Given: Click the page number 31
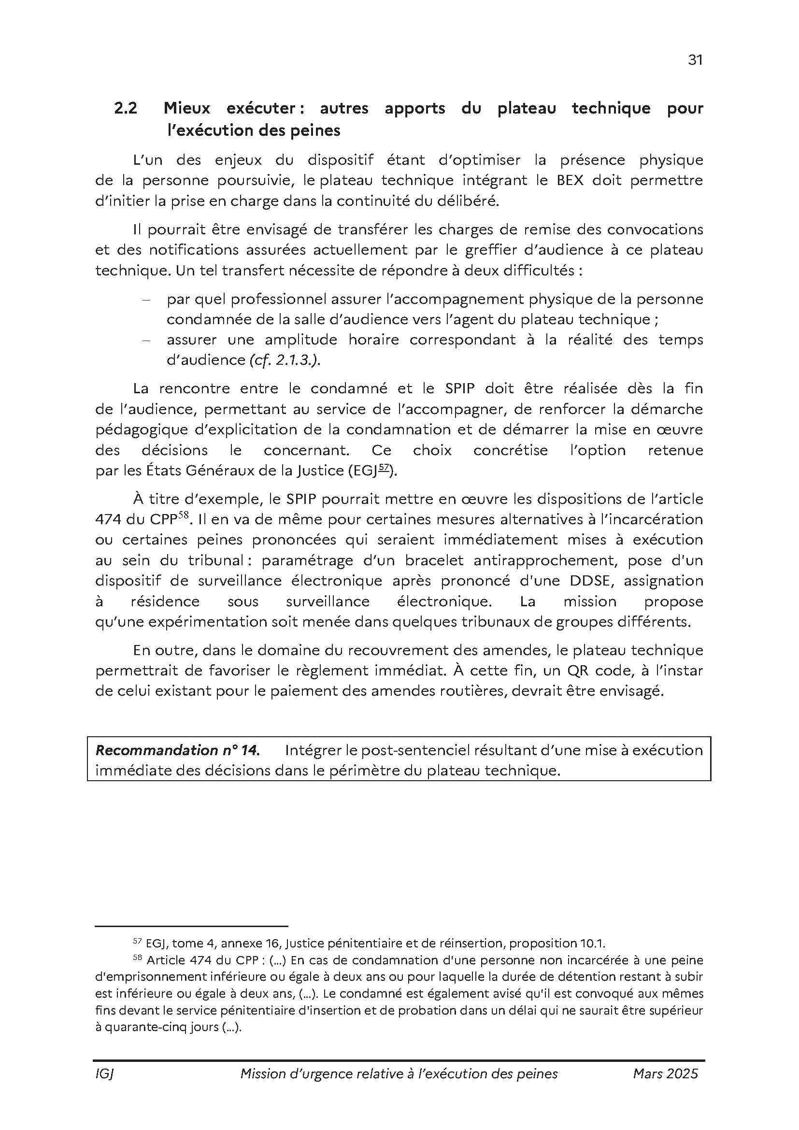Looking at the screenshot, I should [695, 60].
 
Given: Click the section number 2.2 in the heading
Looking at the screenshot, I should [126, 108].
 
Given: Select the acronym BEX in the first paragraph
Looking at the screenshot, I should [570, 180].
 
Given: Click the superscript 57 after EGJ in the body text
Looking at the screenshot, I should [384, 468].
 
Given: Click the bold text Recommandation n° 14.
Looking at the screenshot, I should [177, 750].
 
